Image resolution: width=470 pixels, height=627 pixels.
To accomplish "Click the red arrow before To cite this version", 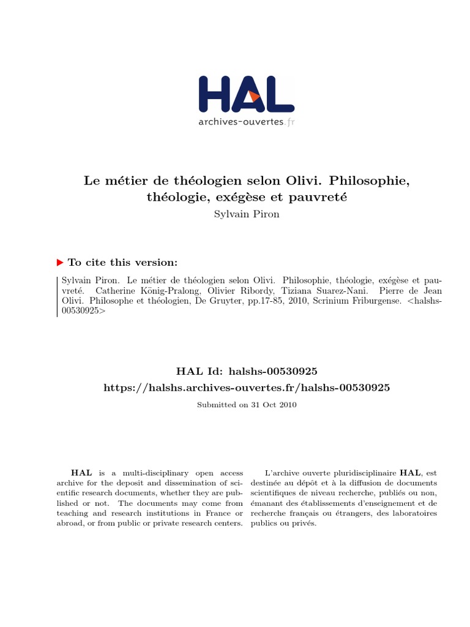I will point(60,262).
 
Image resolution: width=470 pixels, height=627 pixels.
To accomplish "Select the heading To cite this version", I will point(122,262).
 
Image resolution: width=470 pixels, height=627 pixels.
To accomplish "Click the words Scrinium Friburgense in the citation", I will point(349,301).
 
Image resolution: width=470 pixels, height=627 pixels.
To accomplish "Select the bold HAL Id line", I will point(247,371).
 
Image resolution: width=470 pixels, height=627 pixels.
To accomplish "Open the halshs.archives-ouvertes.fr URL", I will point(247,388).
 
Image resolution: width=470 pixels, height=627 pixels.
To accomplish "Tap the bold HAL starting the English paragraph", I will point(82,473).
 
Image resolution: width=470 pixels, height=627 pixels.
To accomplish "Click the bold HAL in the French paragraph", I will point(410,473).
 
